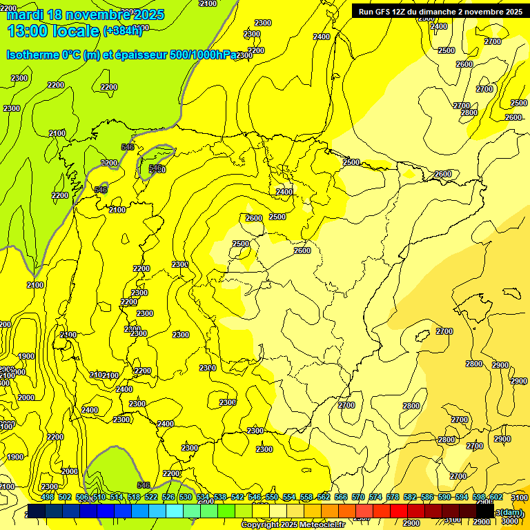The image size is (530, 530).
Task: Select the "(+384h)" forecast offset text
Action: click(122, 30)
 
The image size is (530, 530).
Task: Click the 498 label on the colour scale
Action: click(48, 497)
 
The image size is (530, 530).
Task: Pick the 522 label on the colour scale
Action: click(151, 497)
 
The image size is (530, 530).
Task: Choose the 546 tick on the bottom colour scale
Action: click(255, 497)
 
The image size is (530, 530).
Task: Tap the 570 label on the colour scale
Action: click(358, 497)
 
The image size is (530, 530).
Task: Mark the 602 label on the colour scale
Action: click(495, 497)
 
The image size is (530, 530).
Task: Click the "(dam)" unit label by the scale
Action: click(512, 512)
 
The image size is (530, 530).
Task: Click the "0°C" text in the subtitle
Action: click(70, 55)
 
